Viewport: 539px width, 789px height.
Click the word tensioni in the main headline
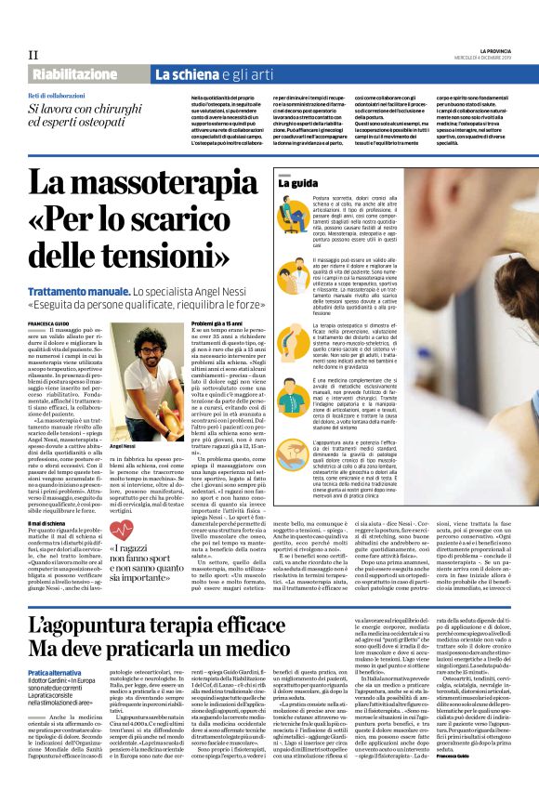(x=177, y=251)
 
